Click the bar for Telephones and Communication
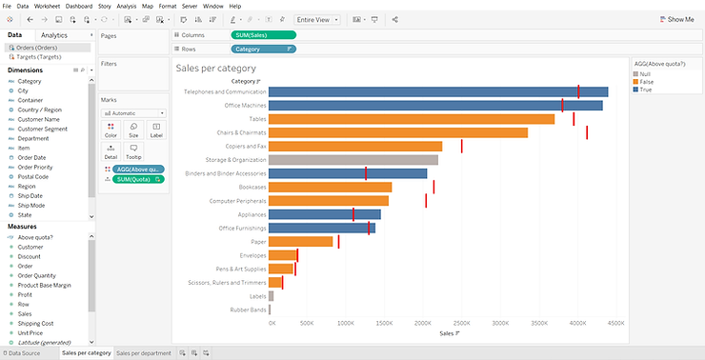[438, 91]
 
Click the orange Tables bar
[411, 119]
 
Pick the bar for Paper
[300, 242]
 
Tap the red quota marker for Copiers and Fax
[461, 146]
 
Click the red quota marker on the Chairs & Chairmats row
[587, 132]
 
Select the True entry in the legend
[647, 89]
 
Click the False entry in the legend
[647, 81]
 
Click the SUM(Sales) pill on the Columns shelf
[263, 34]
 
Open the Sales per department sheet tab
[144, 353]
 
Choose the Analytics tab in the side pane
[54, 35]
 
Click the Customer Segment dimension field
[42, 129]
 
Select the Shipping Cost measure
[35, 323]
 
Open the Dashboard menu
[78, 6]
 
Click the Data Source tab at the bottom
[25, 353]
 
